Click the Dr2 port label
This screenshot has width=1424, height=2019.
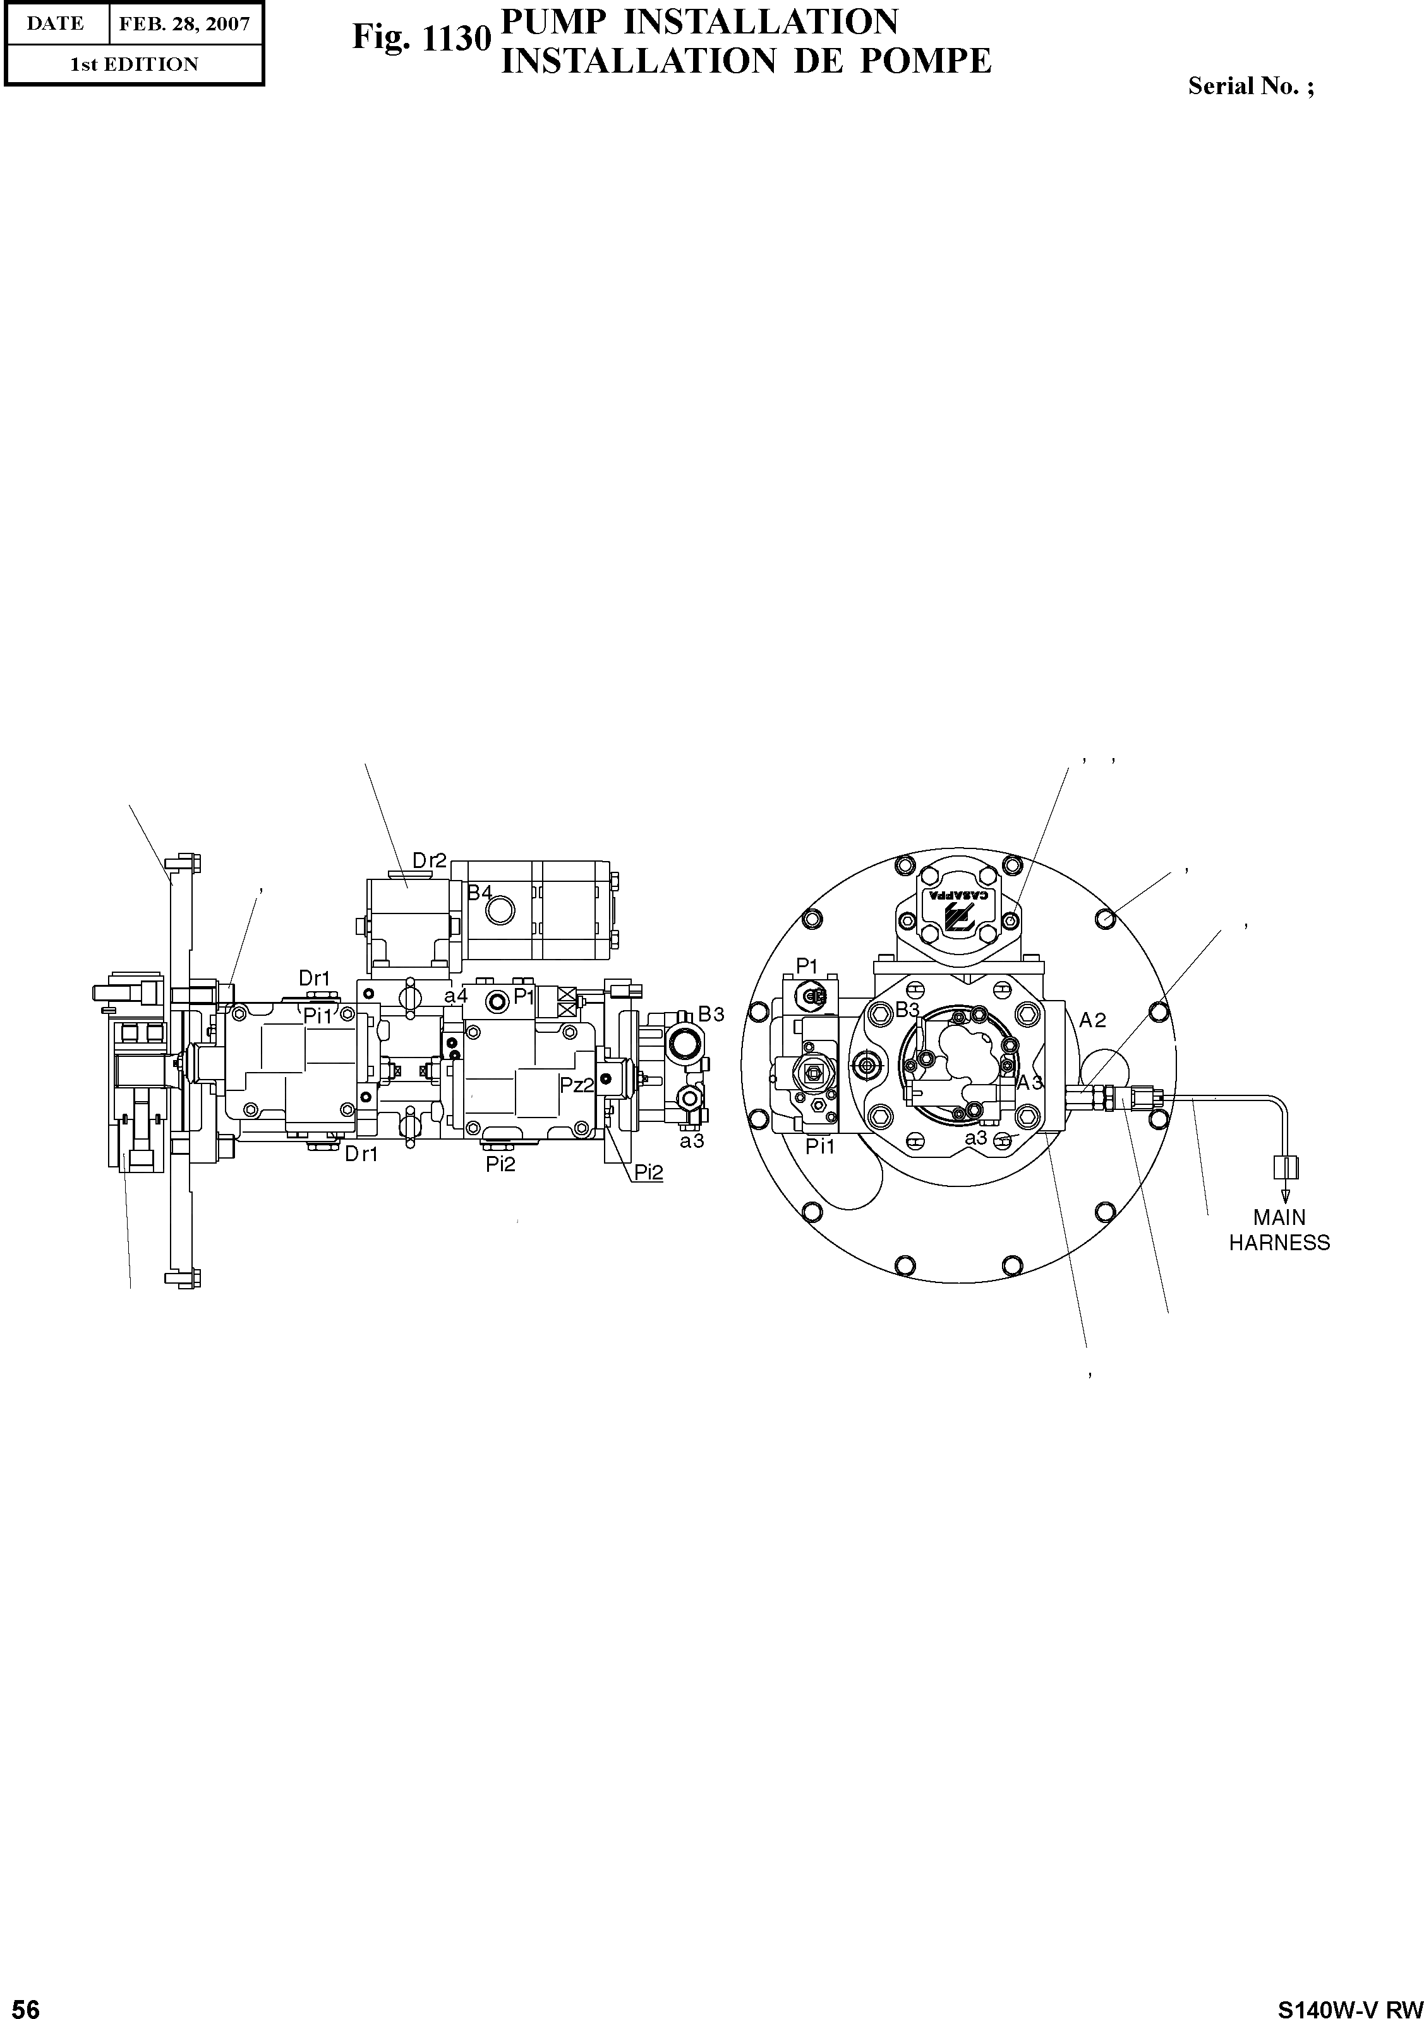pyautogui.click(x=430, y=861)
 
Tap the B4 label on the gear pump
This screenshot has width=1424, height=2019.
pyautogui.click(x=480, y=893)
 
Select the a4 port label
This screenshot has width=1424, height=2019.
pyautogui.click(x=456, y=996)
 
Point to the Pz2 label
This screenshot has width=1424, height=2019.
pyautogui.click(x=577, y=1085)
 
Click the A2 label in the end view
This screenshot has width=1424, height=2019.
pyautogui.click(x=1092, y=1020)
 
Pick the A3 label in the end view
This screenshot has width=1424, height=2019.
pyautogui.click(x=1030, y=1083)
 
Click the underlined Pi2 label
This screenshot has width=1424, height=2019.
pyautogui.click(x=649, y=1172)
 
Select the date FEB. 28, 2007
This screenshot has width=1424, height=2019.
pyautogui.click(x=184, y=24)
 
